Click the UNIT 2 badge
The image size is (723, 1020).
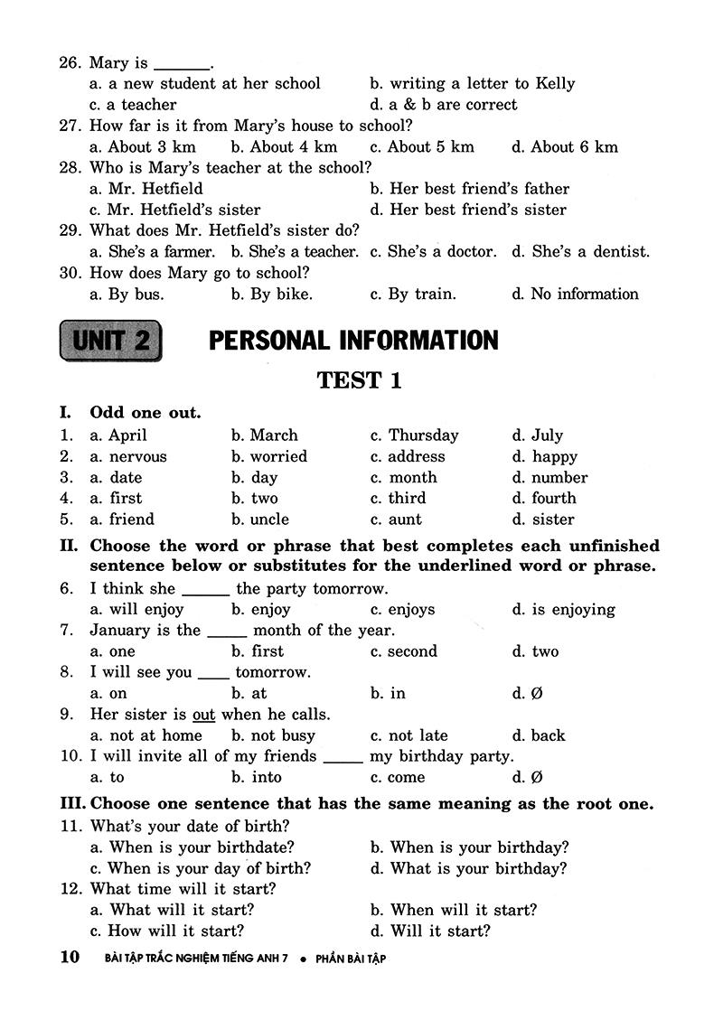click(111, 341)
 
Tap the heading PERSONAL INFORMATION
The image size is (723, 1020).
click(353, 341)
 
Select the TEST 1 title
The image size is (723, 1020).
click(359, 380)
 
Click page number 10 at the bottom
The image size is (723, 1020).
click(70, 958)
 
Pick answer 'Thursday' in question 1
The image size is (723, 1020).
click(423, 435)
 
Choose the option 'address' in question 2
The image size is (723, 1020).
click(417, 457)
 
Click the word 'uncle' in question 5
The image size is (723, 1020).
click(269, 519)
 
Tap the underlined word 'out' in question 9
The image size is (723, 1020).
click(203, 715)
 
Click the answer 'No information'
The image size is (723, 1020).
click(584, 294)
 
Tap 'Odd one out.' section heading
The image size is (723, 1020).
click(146, 413)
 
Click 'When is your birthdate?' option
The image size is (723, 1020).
click(202, 847)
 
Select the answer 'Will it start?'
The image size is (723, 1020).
click(439, 931)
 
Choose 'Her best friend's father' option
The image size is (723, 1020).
click(479, 189)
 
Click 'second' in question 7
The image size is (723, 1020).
click(412, 651)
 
